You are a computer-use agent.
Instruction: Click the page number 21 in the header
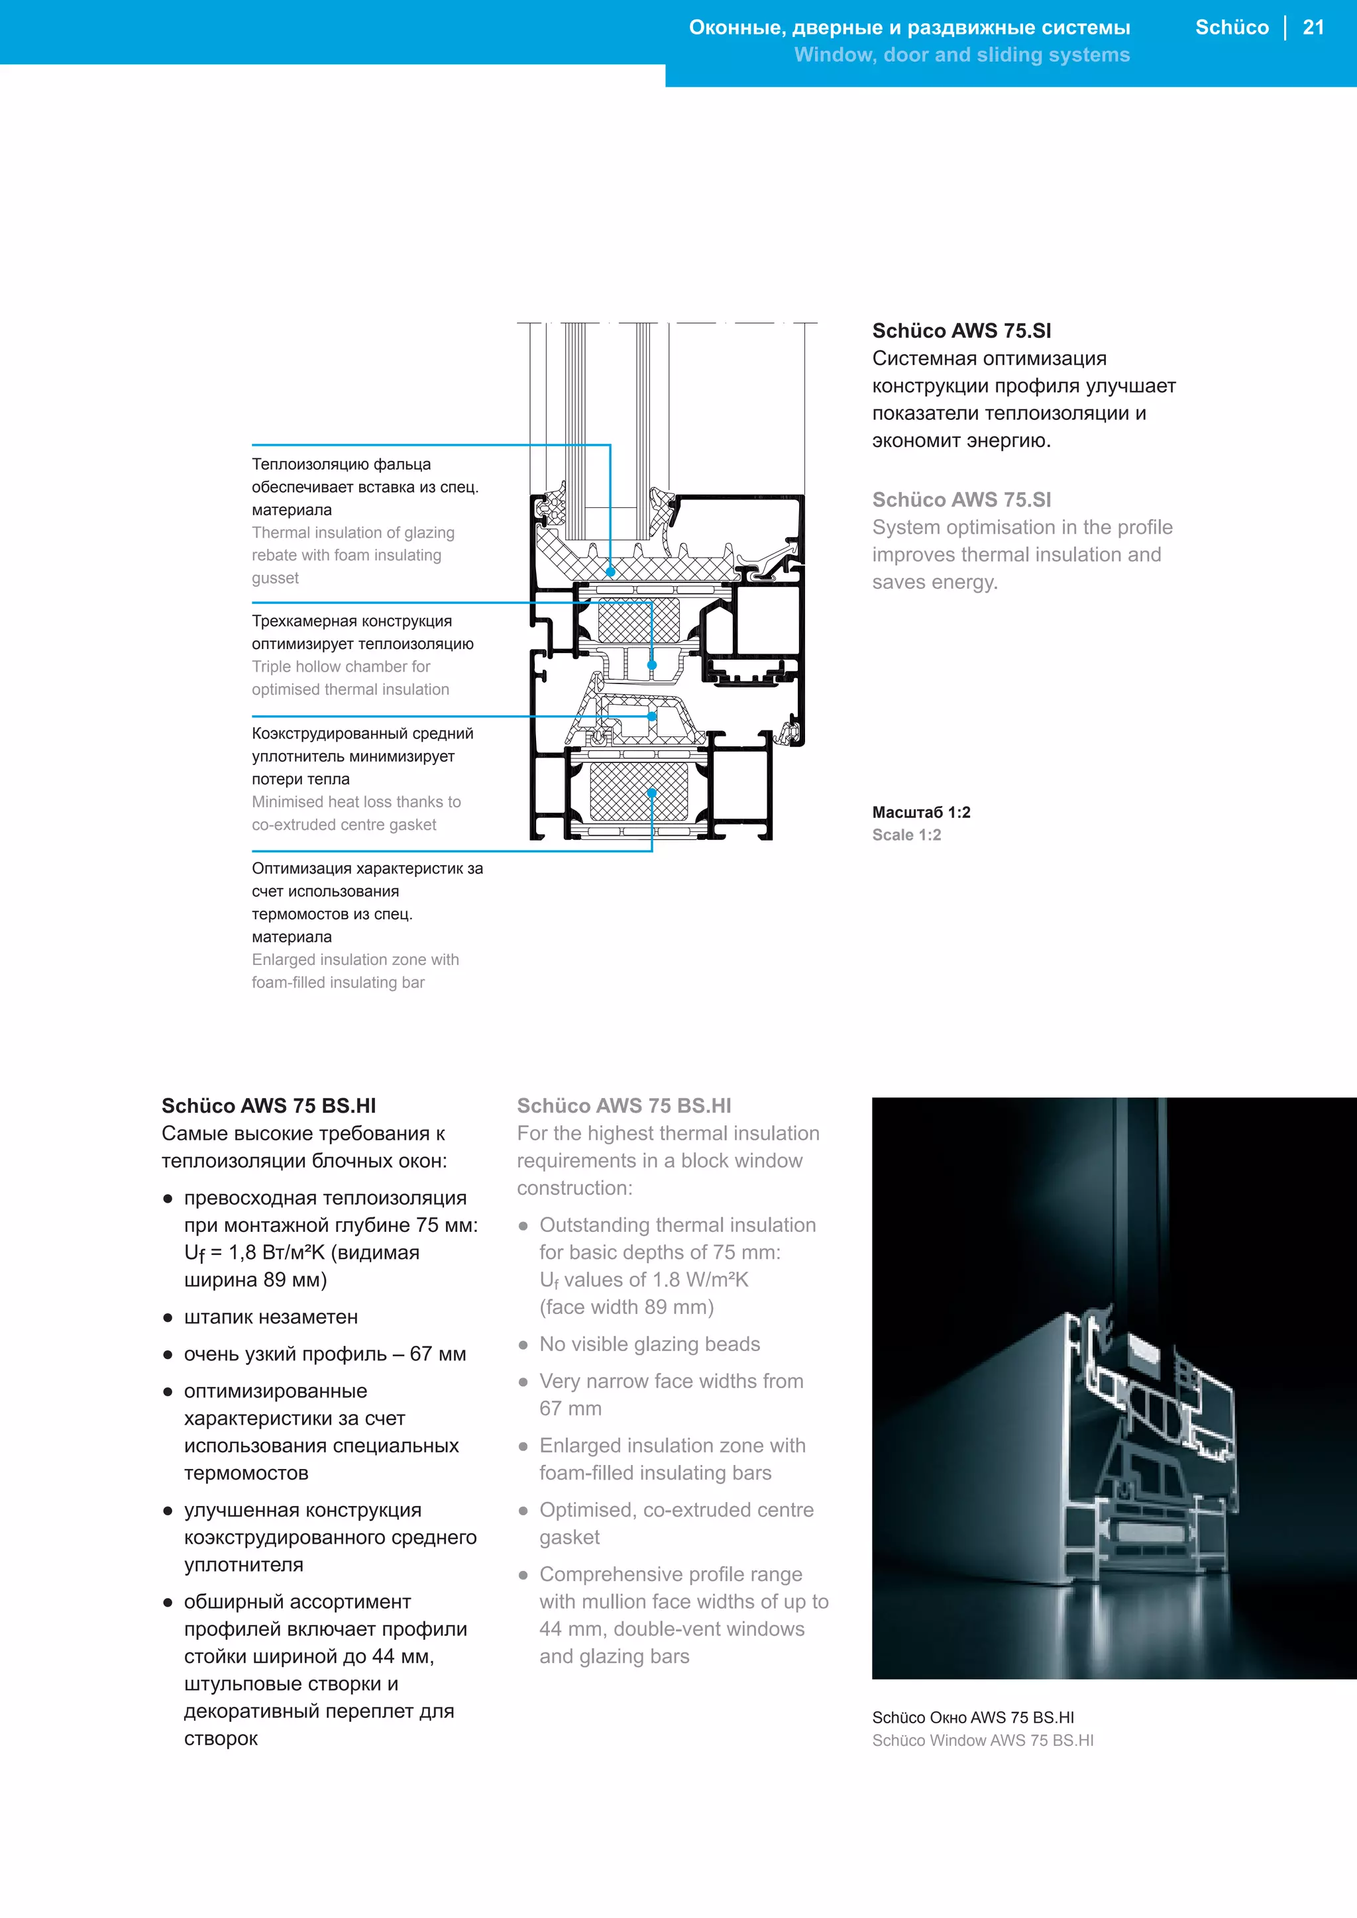[x=1313, y=28]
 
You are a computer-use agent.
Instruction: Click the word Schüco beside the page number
[x=1231, y=28]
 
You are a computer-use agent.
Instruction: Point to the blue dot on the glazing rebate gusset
[x=610, y=572]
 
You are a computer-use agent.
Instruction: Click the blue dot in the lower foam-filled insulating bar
[x=652, y=793]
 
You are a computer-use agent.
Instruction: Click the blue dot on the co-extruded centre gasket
[x=652, y=716]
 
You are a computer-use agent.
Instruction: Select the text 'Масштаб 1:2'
[x=921, y=812]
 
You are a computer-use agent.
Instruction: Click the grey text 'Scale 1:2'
[x=906, y=834]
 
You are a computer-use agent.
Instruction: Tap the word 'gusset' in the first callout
[x=275, y=578]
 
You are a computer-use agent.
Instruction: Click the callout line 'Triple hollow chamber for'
[x=341, y=667]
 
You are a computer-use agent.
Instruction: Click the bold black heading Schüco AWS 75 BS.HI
[x=268, y=1106]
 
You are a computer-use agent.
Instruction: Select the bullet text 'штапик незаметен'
[x=271, y=1317]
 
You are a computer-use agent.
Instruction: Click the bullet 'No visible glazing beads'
[x=649, y=1344]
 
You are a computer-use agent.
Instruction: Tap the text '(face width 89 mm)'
[x=626, y=1307]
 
